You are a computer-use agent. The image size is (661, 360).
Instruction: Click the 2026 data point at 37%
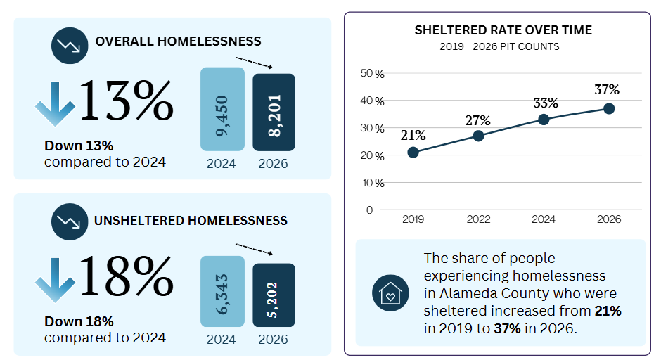coord(609,109)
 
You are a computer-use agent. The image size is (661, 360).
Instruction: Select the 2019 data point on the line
coord(413,152)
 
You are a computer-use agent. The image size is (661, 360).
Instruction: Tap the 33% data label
coord(546,103)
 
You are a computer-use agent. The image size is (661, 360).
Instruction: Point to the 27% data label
coord(478,120)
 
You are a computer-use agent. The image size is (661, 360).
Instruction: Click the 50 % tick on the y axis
coord(372,73)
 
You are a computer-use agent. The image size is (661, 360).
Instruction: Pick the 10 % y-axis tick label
coord(373,183)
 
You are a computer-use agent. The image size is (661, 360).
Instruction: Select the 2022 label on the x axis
coord(478,219)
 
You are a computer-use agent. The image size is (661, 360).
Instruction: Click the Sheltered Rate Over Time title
coord(503,30)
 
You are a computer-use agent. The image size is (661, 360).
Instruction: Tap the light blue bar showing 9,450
coord(223,109)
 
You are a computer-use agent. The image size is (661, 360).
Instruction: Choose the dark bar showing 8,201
coord(274,112)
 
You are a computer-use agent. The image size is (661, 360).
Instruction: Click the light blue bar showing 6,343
coord(223,291)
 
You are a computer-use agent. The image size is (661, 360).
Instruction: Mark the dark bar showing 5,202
coord(274,295)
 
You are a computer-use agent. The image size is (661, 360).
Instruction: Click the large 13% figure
coord(126,101)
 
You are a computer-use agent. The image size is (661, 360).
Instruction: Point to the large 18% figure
coord(126,277)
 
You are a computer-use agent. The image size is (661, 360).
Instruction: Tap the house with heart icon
coord(390,293)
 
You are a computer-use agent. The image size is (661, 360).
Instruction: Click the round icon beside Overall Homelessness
coord(70,46)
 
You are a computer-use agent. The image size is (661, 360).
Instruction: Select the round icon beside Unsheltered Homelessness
coord(70,221)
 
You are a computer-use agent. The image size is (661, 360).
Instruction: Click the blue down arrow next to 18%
coord(55,279)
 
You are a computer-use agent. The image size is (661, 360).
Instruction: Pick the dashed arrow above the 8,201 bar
coord(254,63)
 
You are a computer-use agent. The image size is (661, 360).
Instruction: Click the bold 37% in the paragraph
coord(507,328)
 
